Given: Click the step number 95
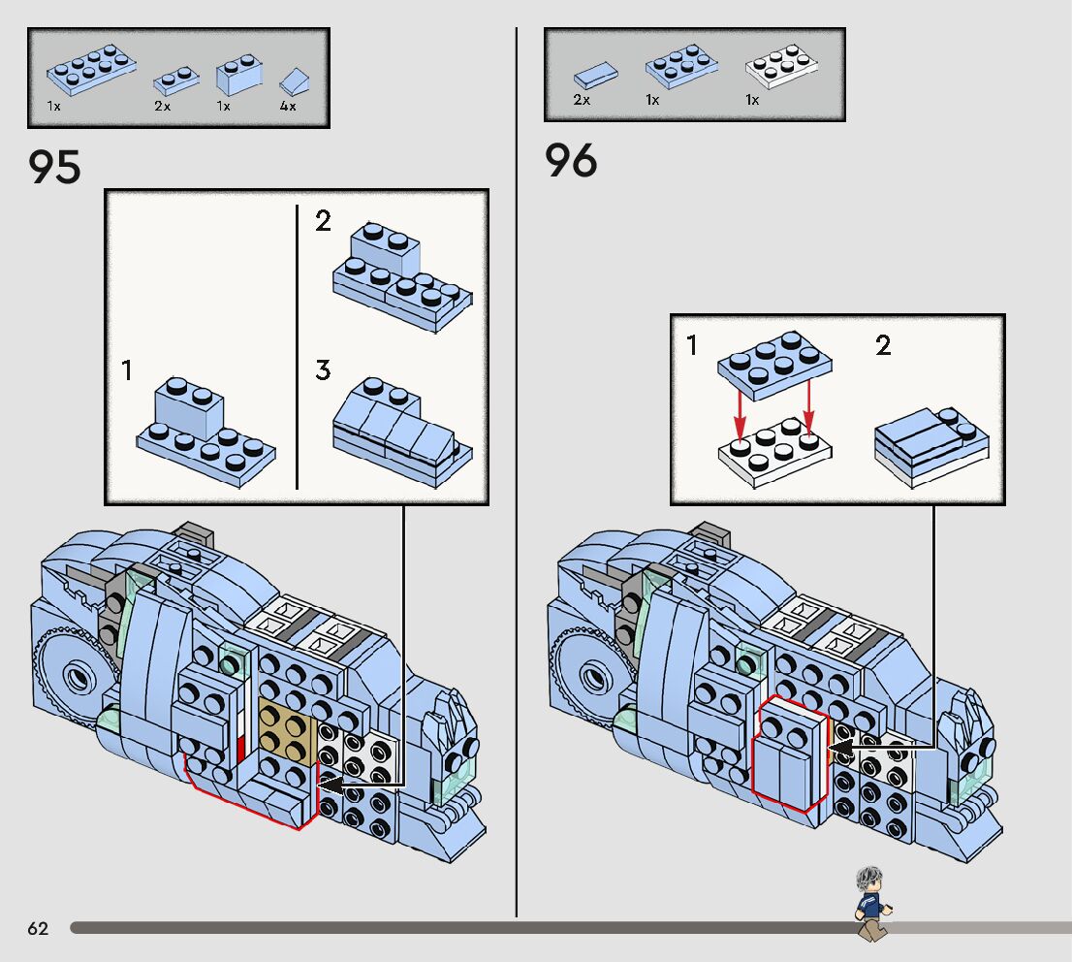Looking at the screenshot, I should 55,167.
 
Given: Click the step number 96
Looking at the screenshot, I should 571,160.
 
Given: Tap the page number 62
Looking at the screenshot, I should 38,929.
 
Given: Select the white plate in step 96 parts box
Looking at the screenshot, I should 782,69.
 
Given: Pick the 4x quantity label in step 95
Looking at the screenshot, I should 288,107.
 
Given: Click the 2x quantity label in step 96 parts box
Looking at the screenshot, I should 582,100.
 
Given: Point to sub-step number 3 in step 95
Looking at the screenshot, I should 323,370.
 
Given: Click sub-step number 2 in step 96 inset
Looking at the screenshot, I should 882,345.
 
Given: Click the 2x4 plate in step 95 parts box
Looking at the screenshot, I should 91,71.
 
